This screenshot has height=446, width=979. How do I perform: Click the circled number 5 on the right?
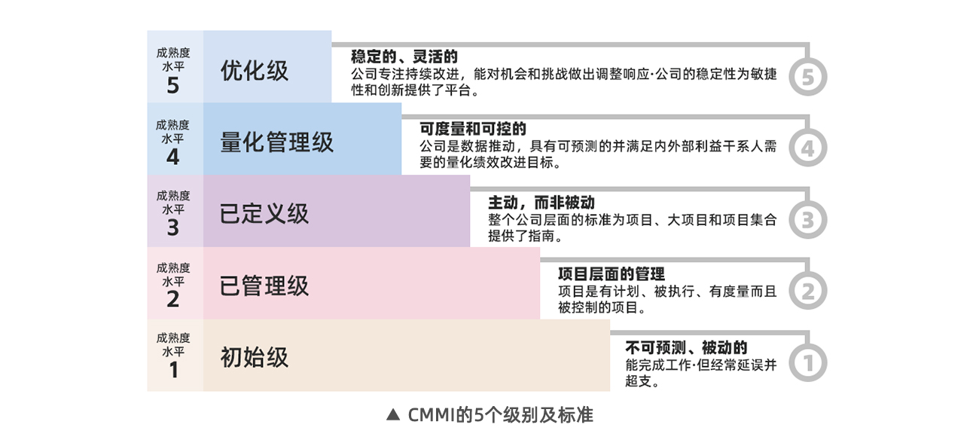point(808,78)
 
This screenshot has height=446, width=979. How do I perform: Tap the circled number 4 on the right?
point(807,148)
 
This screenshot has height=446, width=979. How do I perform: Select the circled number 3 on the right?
point(808,220)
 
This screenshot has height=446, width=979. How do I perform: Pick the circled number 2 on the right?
point(808,292)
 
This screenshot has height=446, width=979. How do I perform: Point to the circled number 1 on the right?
point(808,363)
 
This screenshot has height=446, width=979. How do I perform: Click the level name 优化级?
point(255,71)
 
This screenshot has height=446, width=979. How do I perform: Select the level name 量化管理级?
point(276,142)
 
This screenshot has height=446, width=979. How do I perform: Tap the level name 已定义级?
point(264,214)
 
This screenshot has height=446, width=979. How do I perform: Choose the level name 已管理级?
point(264,286)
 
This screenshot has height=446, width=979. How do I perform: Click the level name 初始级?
point(255,356)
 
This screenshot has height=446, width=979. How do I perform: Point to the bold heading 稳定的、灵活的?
point(404,57)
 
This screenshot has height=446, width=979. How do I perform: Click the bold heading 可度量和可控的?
point(473,129)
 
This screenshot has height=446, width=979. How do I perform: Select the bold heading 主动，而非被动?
point(541,203)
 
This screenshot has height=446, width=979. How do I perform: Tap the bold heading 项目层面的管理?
point(611,273)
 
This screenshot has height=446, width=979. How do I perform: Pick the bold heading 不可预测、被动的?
point(686,347)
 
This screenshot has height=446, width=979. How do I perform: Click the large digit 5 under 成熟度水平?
point(173,85)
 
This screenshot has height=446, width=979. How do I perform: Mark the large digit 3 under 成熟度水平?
point(173,228)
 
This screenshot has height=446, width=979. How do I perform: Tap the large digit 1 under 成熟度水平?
point(173,371)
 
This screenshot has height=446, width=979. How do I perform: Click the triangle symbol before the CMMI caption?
point(392,415)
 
